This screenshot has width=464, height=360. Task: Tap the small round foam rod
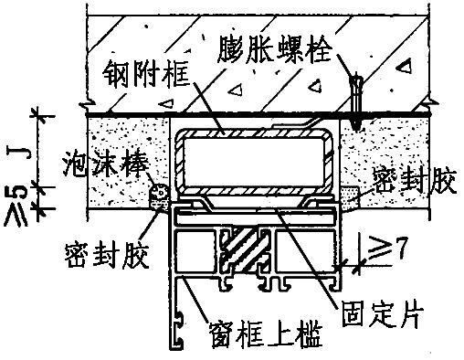161,192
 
